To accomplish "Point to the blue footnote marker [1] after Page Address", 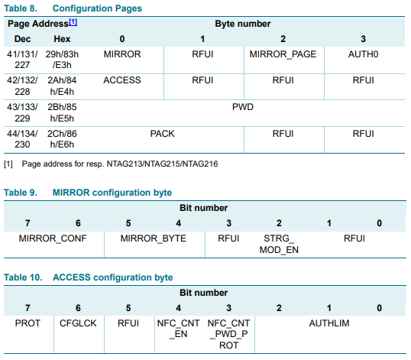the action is (73, 22).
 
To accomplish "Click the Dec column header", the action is (22, 39).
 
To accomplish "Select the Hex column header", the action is (62, 39).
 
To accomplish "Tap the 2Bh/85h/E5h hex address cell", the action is (62, 113).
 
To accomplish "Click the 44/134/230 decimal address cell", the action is (22, 139).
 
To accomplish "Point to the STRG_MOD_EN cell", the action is (279, 244).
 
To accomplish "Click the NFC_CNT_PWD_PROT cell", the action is (229, 334).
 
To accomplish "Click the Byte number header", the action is (243, 24).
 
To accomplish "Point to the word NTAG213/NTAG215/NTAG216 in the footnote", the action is (162, 164).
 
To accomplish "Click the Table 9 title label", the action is (21, 193).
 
